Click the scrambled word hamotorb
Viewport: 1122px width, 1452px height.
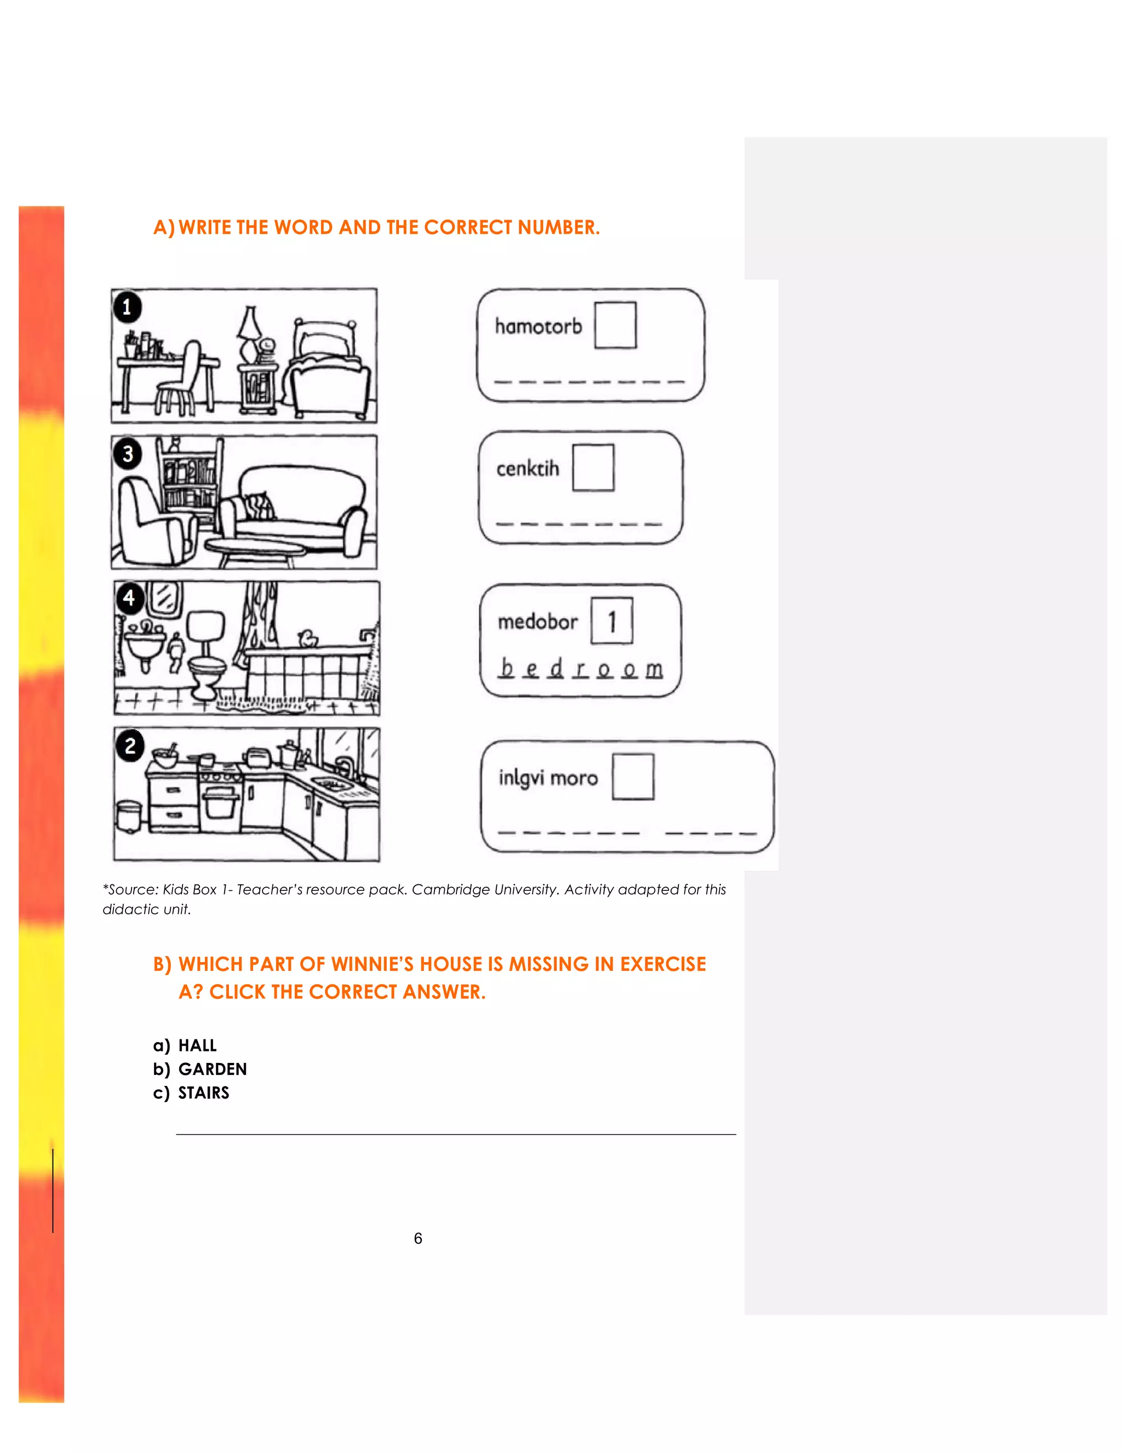click(x=538, y=327)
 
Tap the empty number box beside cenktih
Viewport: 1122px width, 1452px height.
click(x=593, y=467)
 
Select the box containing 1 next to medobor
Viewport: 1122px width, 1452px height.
click(x=611, y=621)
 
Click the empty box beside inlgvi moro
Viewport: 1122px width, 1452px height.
click(x=633, y=776)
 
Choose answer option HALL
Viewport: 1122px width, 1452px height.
click(x=197, y=1046)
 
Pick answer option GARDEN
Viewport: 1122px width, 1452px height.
click(x=212, y=1069)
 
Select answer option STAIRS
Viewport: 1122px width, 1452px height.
click(x=203, y=1093)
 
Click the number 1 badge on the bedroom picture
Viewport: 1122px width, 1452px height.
click(x=127, y=307)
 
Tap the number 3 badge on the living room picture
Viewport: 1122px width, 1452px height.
click(x=128, y=454)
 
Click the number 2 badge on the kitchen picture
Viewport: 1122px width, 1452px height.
click(x=130, y=745)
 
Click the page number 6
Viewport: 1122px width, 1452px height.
click(x=418, y=1238)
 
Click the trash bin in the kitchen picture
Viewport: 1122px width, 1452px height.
click(x=128, y=816)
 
